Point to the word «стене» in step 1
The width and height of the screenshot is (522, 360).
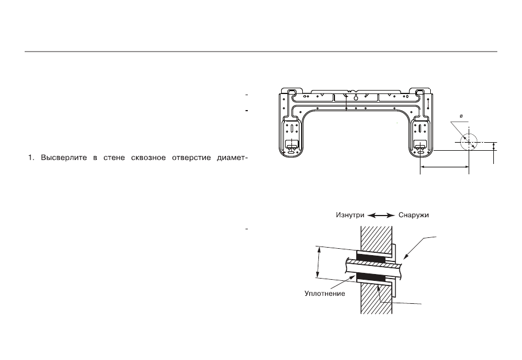(x=114, y=158)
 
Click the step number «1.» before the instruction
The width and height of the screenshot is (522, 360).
(x=32, y=158)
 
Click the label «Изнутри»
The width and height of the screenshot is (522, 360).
(x=350, y=216)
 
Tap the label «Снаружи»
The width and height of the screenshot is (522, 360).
(x=414, y=216)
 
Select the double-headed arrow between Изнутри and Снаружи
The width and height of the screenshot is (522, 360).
(x=381, y=216)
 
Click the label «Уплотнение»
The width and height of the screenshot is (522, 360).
(x=325, y=294)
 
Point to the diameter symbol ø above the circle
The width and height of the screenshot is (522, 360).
(x=461, y=116)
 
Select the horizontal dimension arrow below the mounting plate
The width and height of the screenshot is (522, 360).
(x=445, y=167)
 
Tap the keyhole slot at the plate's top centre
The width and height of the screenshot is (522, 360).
(x=356, y=97)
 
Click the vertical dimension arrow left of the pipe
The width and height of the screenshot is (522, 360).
(x=318, y=262)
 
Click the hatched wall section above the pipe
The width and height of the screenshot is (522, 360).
(x=376, y=238)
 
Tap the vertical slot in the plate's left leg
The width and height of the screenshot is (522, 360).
(x=292, y=129)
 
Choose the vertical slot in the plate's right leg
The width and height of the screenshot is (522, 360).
(x=420, y=129)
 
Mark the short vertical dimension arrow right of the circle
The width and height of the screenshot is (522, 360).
(x=494, y=146)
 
